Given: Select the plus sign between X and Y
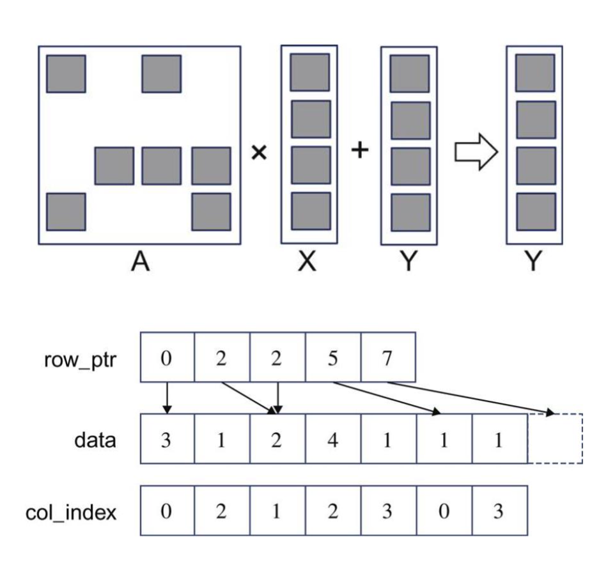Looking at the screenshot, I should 361,151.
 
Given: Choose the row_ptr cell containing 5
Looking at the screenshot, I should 332,357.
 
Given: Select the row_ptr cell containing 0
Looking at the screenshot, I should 166,357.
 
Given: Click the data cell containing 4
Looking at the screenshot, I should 332,440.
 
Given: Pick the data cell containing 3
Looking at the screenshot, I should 166,440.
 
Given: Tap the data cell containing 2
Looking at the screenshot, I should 276,440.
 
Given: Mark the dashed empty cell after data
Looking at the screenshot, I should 554,440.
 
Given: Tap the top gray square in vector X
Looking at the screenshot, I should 310,72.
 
